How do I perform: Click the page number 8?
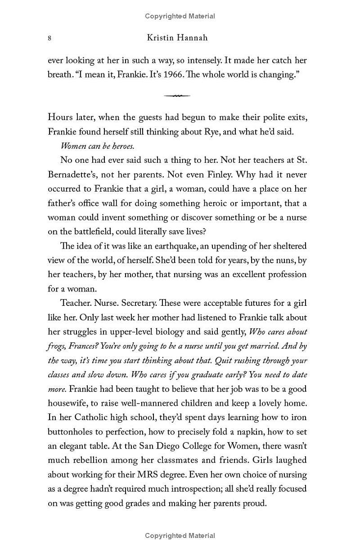(x=49, y=38)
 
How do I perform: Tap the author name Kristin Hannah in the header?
(x=177, y=38)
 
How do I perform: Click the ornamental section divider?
(x=177, y=95)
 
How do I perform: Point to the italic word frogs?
(x=57, y=346)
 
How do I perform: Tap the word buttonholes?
(x=71, y=431)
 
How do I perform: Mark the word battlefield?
(x=92, y=232)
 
